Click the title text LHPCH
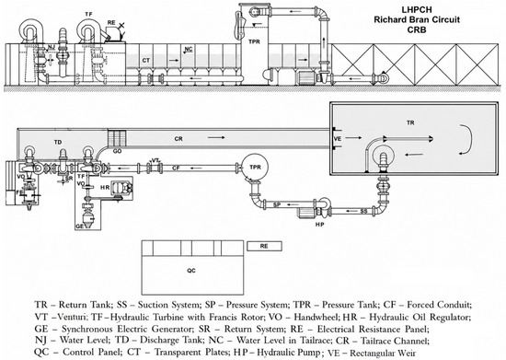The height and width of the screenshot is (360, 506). [x=417, y=9]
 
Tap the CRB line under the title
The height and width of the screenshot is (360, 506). [x=417, y=29]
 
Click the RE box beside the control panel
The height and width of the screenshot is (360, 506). [x=264, y=246]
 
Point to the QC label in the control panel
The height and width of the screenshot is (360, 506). [x=191, y=271]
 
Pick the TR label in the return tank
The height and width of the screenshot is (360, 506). [x=410, y=122]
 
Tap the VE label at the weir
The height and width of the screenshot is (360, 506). [x=338, y=138]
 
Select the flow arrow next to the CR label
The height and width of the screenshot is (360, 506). [x=216, y=138]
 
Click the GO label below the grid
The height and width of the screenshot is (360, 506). [x=117, y=151]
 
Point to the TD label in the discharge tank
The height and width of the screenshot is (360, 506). [x=58, y=142]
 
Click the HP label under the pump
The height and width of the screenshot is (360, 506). [x=319, y=224]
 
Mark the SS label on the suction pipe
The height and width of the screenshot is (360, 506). [x=363, y=212]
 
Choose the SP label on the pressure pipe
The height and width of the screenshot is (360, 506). [x=277, y=204]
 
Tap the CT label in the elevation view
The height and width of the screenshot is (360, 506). [x=146, y=61]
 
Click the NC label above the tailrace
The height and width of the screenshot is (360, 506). [x=189, y=49]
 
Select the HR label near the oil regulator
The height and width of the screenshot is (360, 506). [x=105, y=187]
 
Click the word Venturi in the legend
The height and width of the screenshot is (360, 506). [x=69, y=317]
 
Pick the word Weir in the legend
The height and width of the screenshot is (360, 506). [x=408, y=353]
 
